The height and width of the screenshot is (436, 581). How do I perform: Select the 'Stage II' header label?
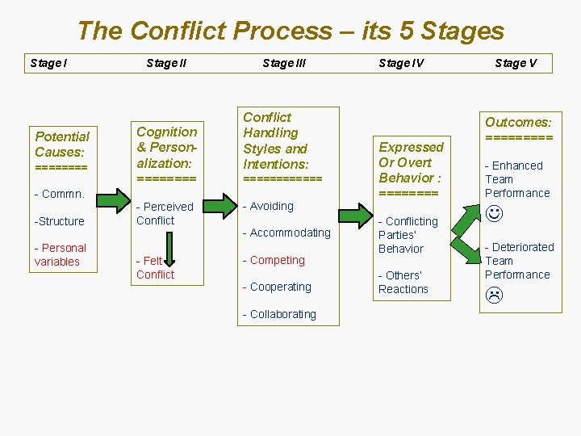pyautogui.click(x=166, y=63)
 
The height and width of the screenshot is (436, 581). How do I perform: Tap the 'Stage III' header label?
pyautogui.click(x=284, y=63)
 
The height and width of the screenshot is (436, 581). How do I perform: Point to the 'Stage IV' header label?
pyautogui.click(x=401, y=63)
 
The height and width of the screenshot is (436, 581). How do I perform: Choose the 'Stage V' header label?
pyautogui.click(x=516, y=63)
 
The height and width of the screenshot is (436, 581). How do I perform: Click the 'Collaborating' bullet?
pyautogui.click(x=279, y=314)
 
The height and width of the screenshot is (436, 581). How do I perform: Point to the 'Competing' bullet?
pyautogui.click(x=274, y=260)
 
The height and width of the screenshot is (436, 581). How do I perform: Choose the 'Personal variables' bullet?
pyautogui.click(x=61, y=254)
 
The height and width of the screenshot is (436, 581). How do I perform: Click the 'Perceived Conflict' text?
pyautogui.click(x=165, y=213)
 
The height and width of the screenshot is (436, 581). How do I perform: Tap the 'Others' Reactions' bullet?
pyautogui.click(x=403, y=282)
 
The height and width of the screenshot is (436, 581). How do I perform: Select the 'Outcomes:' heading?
pyautogui.click(x=518, y=122)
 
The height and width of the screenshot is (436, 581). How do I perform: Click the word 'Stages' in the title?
pyautogui.click(x=462, y=31)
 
